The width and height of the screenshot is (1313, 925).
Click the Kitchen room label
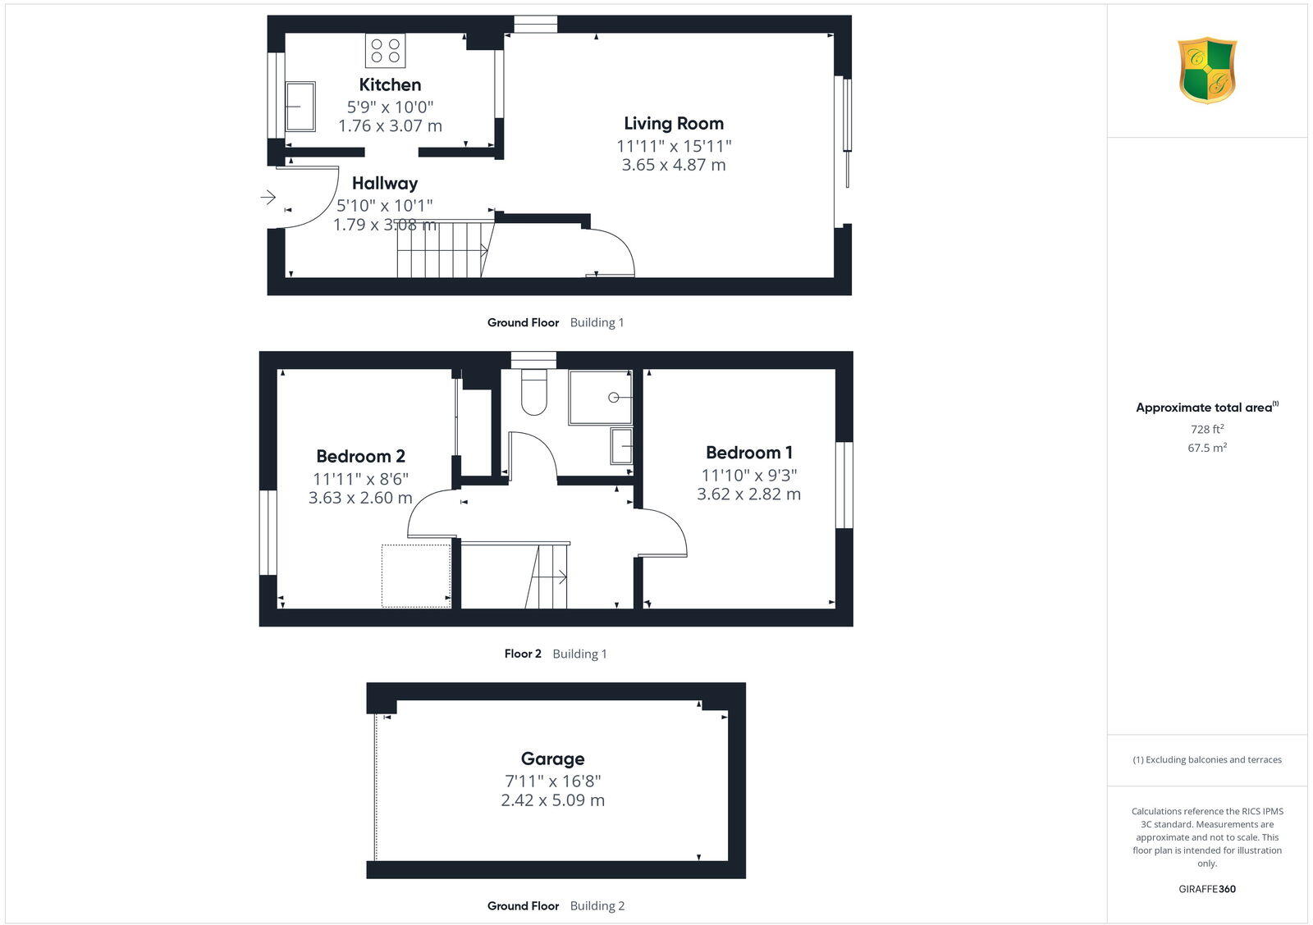[x=390, y=84]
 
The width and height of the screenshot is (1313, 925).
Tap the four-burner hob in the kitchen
[x=385, y=50]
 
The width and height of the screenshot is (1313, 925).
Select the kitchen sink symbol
[x=300, y=106]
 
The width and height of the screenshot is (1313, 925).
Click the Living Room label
[x=674, y=124]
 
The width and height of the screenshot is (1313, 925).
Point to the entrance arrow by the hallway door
[x=268, y=198]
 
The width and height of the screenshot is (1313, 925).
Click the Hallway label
[x=385, y=183]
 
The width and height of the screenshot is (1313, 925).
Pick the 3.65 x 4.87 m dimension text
[x=674, y=165]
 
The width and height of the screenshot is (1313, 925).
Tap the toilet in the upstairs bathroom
[x=534, y=392]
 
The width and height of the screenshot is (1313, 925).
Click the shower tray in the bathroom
[x=601, y=398]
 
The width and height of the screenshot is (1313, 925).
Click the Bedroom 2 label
[x=360, y=457]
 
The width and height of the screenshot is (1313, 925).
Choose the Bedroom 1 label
[x=749, y=453]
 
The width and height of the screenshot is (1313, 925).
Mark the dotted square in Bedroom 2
[x=416, y=576]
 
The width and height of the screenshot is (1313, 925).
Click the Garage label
[x=552, y=759]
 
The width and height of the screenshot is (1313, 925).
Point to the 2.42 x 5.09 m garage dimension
[x=552, y=800]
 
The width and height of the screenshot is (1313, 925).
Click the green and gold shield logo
[x=1207, y=71]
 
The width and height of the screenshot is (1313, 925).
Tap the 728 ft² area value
[x=1207, y=429]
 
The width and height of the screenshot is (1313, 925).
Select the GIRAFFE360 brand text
[x=1207, y=889]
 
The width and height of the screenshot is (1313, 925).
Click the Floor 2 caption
[x=523, y=654]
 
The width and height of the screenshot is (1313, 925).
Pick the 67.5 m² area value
[x=1207, y=448]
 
